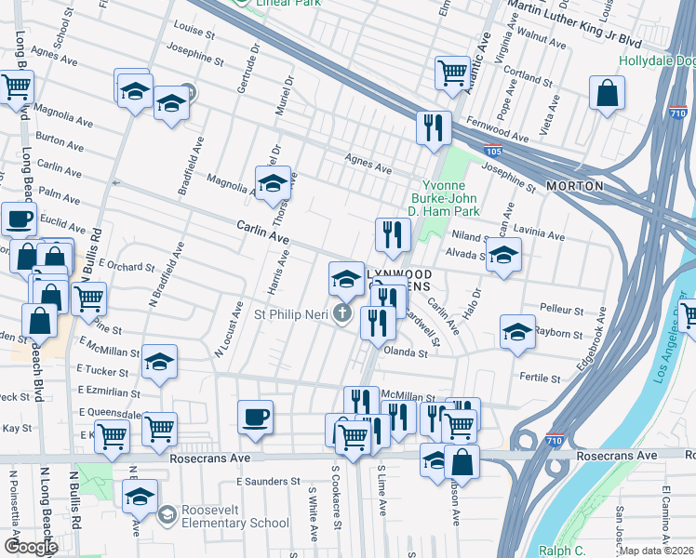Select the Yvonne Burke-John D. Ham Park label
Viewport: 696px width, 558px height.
(x=450, y=197)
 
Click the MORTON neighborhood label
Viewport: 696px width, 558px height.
(x=574, y=186)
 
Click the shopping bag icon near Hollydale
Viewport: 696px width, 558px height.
(x=607, y=94)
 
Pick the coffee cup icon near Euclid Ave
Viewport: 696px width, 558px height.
(x=19, y=220)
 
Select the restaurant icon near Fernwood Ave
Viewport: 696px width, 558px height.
(x=433, y=127)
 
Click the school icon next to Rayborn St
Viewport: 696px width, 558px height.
(x=517, y=332)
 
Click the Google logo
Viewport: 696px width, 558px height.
(x=32, y=547)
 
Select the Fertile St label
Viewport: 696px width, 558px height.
(x=541, y=379)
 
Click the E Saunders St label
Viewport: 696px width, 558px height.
(x=268, y=482)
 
